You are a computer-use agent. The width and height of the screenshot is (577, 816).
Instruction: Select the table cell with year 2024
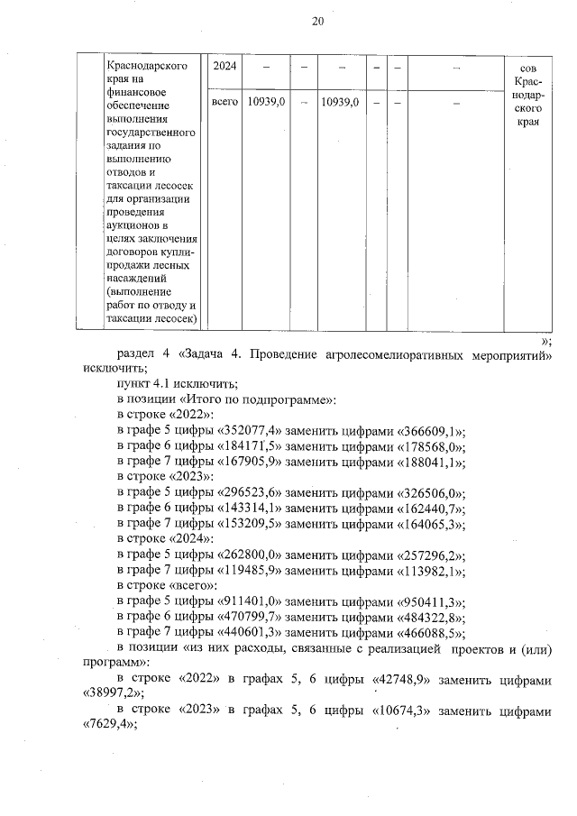[x=224, y=67]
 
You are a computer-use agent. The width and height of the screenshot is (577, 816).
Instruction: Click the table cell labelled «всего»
[x=224, y=104]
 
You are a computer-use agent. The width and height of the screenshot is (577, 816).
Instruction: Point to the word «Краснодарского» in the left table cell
[x=146, y=66]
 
